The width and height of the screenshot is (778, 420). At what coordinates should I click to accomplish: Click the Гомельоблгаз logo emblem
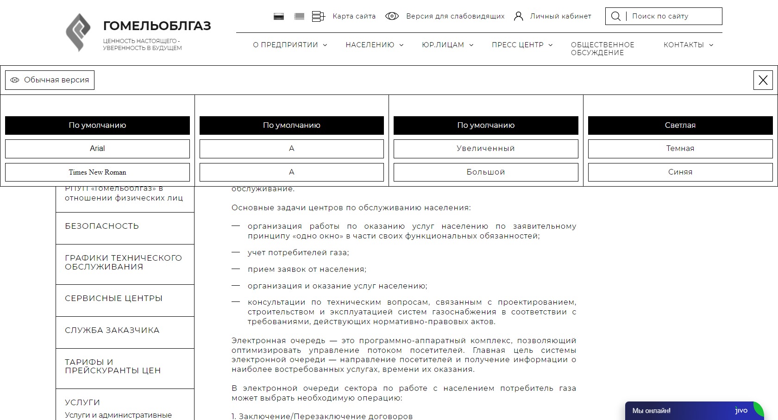tap(78, 32)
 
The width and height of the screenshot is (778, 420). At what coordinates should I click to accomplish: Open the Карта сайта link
tap(354, 16)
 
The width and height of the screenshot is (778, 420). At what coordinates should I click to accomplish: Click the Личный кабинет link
tap(560, 16)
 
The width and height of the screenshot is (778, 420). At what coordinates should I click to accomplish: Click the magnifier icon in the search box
tap(615, 16)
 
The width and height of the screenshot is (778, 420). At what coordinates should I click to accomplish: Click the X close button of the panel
tap(763, 80)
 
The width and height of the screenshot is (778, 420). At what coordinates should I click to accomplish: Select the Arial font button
tap(97, 149)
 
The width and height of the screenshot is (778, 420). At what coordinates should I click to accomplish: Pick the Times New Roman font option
tap(97, 172)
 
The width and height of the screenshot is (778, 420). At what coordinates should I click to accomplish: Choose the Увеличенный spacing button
tap(486, 149)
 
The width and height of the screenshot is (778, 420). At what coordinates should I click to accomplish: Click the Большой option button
tap(486, 172)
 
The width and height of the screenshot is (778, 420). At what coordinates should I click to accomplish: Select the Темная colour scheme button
tap(680, 149)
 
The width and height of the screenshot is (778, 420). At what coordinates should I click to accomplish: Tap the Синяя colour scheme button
tap(680, 172)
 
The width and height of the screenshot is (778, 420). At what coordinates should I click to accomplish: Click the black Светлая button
tap(680, 125)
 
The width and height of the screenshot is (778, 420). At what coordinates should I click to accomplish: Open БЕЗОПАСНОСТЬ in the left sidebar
tap(102, 226)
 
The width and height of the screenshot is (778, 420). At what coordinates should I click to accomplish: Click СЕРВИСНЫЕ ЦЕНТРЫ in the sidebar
tap(113, 299)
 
